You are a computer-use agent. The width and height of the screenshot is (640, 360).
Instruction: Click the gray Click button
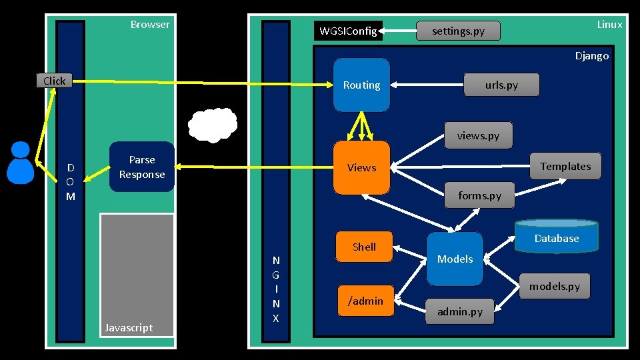(x=54, y=81)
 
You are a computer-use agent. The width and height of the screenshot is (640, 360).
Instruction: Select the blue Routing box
(x=361, y=85)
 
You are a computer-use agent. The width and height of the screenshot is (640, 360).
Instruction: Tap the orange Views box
(x=361, y=167)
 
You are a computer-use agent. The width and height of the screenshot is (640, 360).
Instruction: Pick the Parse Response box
(x=142, y=167)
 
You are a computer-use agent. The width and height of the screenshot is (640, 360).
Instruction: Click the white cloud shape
(x=213, y=125)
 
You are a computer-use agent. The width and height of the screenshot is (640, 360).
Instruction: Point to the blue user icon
(x=21, y=163)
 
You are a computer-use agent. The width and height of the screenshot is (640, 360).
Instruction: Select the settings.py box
(x=459, y=31)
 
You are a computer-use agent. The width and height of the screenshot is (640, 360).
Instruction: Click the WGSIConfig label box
(x=348, y=31)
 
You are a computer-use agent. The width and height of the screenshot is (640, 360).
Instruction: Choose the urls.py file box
(x=501, y=85)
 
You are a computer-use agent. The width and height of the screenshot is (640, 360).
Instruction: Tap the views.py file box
(x=479, y=135)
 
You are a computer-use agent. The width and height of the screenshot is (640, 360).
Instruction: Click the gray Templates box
(x=566, y=166)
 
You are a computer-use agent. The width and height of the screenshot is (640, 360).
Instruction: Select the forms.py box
(x=479, y=195)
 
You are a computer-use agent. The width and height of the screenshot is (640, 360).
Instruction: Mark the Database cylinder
(x=557, y=236)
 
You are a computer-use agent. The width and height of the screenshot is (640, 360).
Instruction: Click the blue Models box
(x=455, y=259)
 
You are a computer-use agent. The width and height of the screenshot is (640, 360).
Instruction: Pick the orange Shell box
(x=365, y=247)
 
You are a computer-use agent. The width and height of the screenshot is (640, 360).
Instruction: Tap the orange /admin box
(x=366, y=301)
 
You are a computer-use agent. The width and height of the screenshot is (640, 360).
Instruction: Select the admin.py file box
(x=460, y=312)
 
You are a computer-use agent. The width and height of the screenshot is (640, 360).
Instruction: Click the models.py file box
(x=555, y=287)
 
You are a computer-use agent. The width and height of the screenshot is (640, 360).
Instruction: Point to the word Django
(x=592, y=56)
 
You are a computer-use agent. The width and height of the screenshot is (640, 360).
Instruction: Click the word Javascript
(x=129, y=328)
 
